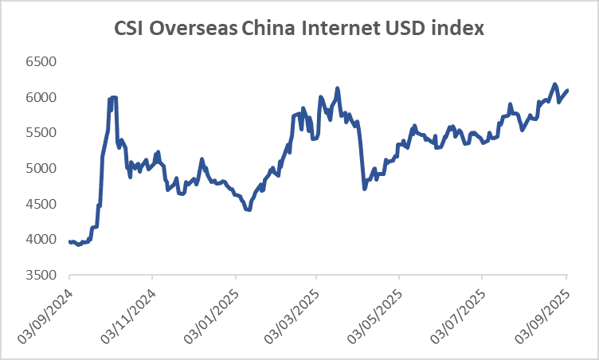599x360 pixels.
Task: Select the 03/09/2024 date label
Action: click(x=45, y=316)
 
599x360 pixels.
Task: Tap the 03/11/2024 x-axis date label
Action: click(x=128, y=316)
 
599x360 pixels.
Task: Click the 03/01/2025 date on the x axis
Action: click(x=211, y=316)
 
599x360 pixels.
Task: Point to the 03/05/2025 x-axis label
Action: click(x=374, y=316)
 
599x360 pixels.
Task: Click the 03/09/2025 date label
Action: click(x=542, y=316)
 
